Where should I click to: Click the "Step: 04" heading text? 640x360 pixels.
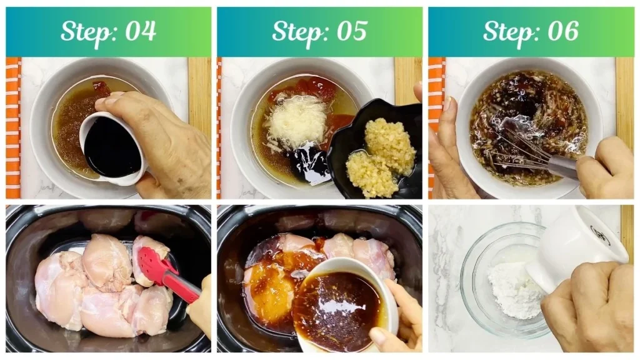point(108,31)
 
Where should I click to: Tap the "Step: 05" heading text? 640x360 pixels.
point(319,31)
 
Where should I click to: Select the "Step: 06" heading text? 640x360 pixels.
point(531,31)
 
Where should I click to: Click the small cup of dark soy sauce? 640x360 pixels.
point(112,147)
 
